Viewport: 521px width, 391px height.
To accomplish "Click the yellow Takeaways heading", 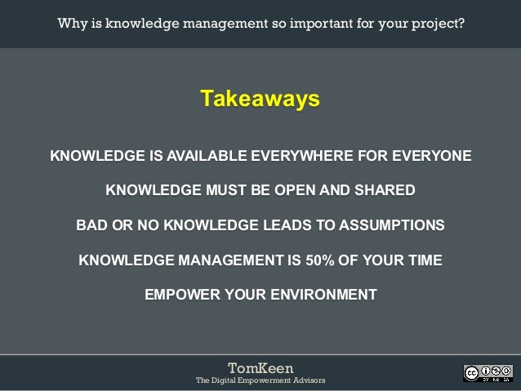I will (260, 100).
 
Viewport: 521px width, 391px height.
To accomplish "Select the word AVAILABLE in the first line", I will (207, 155).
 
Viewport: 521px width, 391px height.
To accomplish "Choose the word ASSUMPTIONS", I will (386, 225).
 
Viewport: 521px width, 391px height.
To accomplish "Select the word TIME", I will (421, 260).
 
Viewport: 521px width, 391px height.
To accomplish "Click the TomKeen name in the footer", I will (260, 367).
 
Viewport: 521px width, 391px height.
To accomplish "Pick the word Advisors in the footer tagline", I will (306, 381).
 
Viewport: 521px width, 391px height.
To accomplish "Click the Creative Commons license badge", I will (488, 373).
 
